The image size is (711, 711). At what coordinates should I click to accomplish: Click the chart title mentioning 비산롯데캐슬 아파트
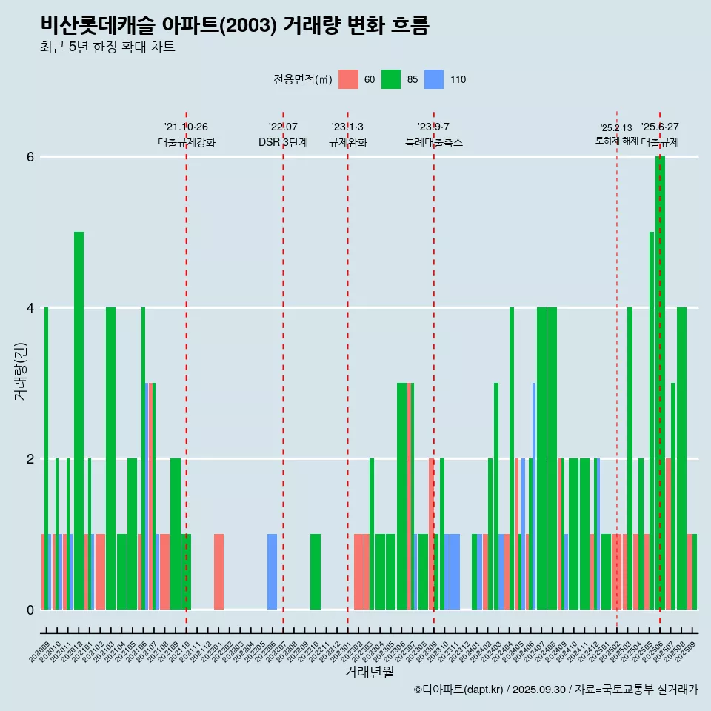235,25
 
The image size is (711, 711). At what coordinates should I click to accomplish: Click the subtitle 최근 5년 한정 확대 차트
107,47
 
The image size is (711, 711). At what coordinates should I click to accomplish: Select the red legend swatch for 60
348,79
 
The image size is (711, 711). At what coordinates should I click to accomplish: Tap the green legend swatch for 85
391,79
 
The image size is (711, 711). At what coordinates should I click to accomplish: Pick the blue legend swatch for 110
434,79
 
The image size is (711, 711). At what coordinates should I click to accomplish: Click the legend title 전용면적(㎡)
302,79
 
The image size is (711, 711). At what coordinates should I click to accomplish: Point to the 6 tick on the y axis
30,157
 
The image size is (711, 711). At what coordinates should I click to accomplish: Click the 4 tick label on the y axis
30,308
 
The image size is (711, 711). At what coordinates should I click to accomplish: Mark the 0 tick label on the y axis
30,610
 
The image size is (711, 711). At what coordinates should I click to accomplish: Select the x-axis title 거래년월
369,672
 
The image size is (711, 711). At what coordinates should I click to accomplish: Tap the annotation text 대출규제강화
186,142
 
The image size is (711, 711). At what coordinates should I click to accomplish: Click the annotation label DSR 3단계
283,142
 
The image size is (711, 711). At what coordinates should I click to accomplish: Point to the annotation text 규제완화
347,142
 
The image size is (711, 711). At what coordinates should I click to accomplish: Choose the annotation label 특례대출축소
433,142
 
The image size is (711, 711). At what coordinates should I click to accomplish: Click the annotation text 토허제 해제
616,140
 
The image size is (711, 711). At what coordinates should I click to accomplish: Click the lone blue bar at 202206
272,572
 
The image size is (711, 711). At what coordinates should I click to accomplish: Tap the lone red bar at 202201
218,572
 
